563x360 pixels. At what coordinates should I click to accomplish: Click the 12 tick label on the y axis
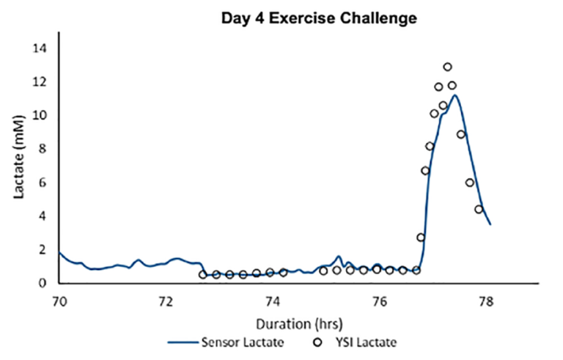coord(40,81)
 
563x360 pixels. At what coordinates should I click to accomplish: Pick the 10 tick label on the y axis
coord(40,115)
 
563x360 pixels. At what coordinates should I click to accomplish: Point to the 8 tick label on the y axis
coord(43,149)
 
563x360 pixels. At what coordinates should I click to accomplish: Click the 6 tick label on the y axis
coord(43,183)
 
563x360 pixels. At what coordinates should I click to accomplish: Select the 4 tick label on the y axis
coord(43,216)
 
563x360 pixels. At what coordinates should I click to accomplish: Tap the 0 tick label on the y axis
coord(43,283)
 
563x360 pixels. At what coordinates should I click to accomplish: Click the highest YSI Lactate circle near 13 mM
coord(447,67)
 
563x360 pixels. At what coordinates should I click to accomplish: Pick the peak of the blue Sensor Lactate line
coord(455,95)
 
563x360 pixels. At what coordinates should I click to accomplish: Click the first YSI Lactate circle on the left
coord(203,275)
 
